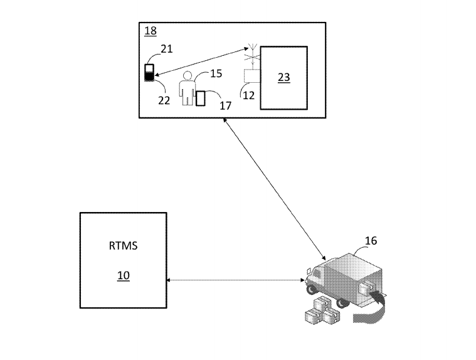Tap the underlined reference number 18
click(x=151, y=31)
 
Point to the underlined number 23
click(x=284, y=77)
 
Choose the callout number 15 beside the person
click(x=216, y=74)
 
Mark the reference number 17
click(x=225, y=106)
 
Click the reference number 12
click(x=248, y=95)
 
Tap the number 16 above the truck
click(x=371, y=241)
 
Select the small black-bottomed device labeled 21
click(x=149, y=73)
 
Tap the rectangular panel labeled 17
click(x=201, y=98)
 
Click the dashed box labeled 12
click(x=252, y=77)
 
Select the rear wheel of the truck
click(x=342, y=302)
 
